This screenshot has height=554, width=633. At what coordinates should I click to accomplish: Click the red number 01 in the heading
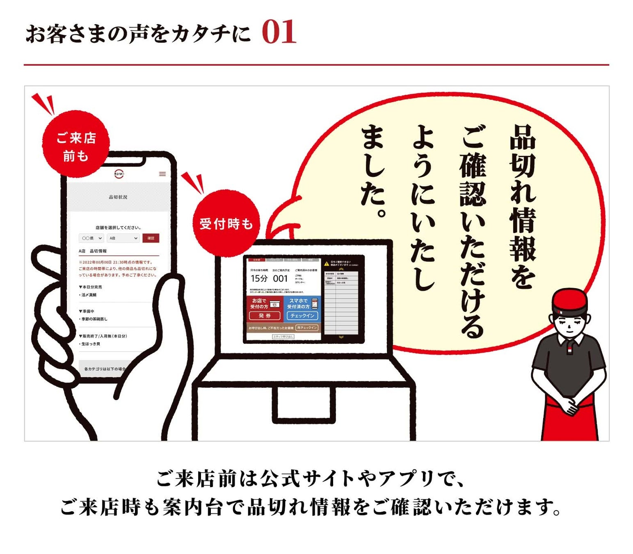point(279,33)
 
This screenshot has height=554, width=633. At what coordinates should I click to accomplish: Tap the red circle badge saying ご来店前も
point(76,144)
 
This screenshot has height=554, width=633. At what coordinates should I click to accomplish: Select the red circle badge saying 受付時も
point(226,224)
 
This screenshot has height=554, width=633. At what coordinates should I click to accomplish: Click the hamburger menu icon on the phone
point(162,174)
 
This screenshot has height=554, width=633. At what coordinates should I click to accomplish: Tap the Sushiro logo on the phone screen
point(119,174)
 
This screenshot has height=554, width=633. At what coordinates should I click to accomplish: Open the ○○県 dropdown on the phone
point(91,238)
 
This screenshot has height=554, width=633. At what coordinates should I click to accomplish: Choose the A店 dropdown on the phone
point(123,238)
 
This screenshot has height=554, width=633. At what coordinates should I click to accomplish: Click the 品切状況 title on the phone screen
point(118,197)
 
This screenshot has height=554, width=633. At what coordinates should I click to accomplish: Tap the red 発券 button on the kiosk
point(265,316)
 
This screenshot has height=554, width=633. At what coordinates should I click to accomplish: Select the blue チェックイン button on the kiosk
point(302,316)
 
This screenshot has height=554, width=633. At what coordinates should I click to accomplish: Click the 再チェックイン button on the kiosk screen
point(307,328)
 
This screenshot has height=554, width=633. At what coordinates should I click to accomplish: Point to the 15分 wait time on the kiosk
point(259,279)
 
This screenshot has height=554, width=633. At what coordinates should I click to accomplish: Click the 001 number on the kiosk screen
point(281,279)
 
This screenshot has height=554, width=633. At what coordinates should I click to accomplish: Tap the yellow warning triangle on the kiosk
point(327,263)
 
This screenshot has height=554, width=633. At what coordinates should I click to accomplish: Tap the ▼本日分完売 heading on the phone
point(91,287)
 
